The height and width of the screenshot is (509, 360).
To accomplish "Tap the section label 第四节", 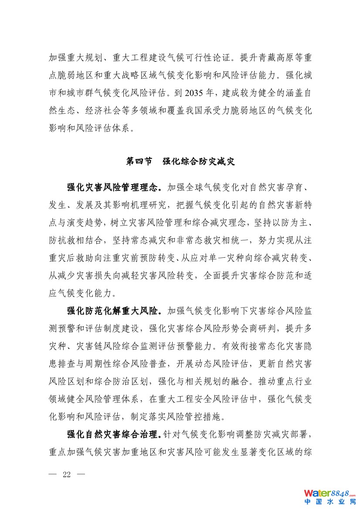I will (139, 162).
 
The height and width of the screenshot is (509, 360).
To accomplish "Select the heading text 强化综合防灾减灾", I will (199, 162).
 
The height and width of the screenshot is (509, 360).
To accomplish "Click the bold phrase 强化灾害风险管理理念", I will (114, 187).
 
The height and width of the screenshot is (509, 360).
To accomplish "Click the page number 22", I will (67, 475).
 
